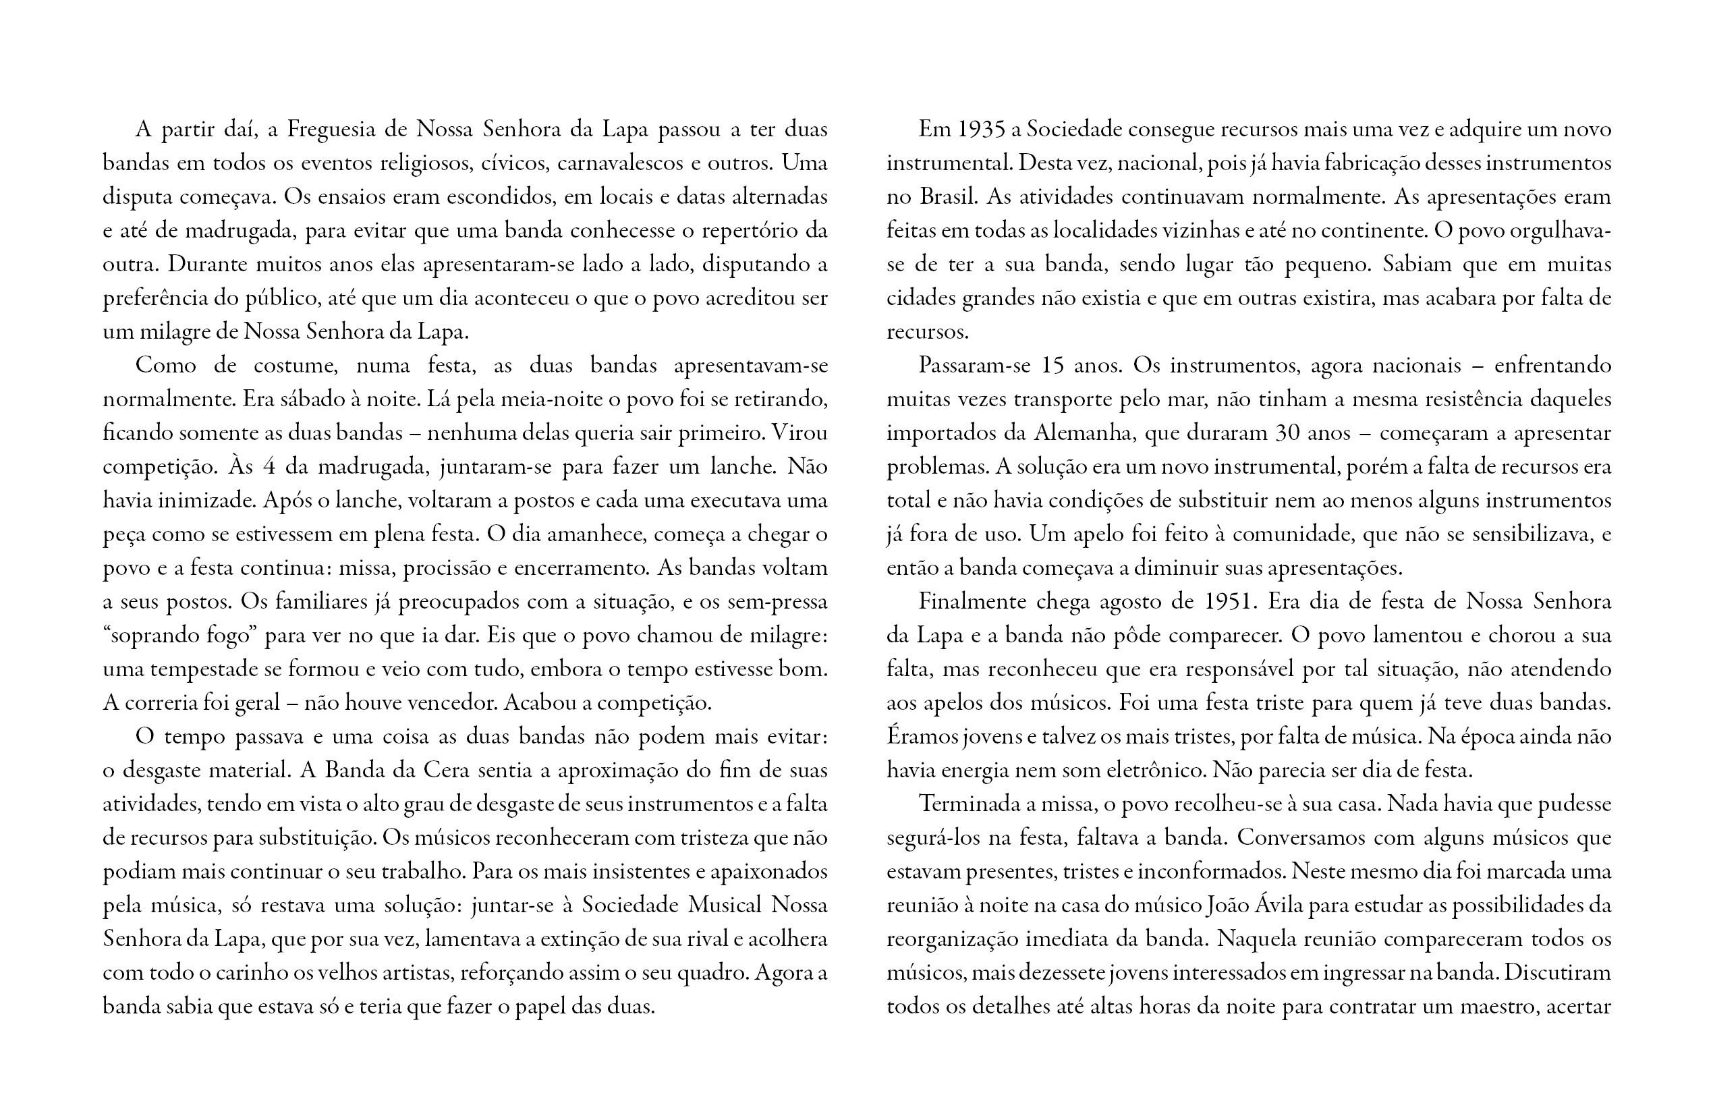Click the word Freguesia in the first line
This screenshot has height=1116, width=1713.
333,130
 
